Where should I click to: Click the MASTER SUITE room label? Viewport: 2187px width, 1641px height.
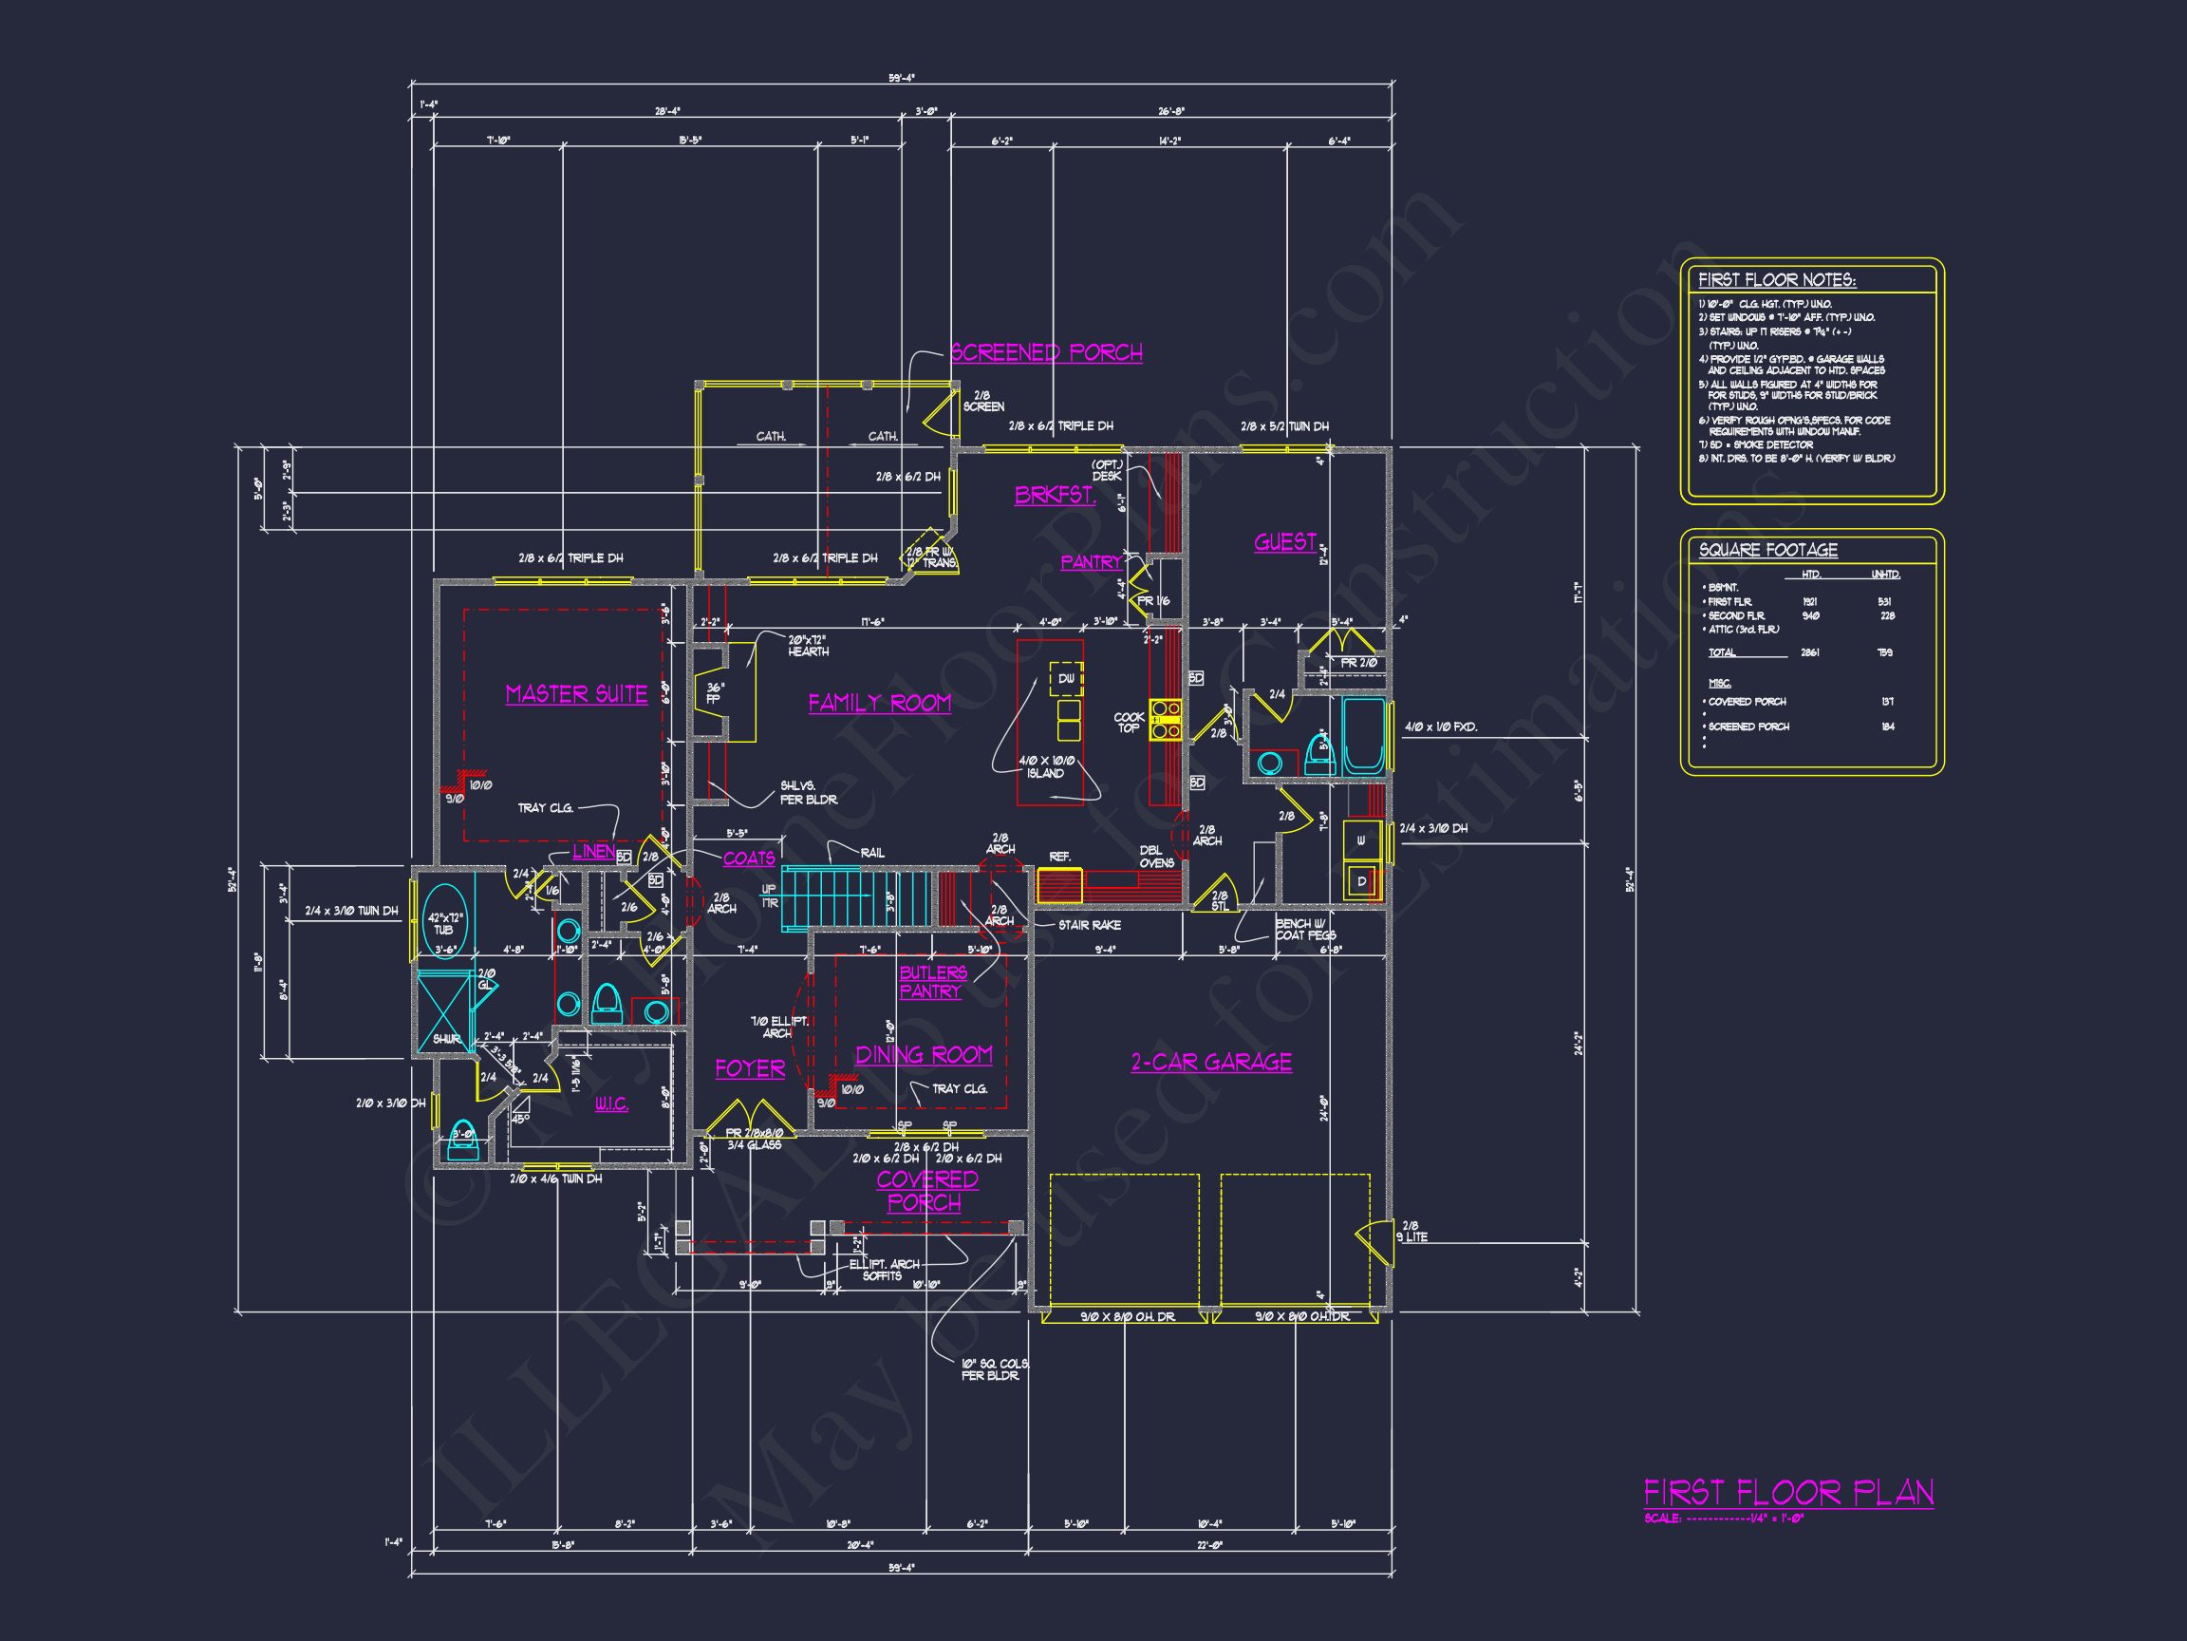click(576, 694)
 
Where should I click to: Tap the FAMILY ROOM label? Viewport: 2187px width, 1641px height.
click(879, 704)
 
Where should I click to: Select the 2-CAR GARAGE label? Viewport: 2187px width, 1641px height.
click(1211, 1063)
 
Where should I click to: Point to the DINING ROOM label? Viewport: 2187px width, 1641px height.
click(924, 1055)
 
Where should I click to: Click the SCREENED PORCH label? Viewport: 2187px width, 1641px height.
click(1046, 353)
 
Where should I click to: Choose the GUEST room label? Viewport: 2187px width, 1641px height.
click(1285, 542)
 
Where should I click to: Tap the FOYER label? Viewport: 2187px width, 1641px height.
click(750, 1069)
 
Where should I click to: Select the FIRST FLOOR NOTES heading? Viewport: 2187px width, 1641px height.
click(1777, 280)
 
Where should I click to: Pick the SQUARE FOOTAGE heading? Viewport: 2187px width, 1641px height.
click(1767, 550)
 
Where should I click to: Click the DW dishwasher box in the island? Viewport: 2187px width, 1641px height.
click(1066, 679)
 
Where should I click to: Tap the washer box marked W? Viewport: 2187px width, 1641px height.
click(1361, 841)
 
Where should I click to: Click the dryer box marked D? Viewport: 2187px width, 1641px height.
click(1361, 880)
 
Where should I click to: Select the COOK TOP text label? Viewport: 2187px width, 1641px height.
click(1128, 722)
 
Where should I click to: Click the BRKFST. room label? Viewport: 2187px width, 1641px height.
click(1055, 496)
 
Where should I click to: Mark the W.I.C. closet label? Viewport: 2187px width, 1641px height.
click(611, 1104)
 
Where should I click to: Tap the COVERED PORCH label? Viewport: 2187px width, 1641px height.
click(926, 1191)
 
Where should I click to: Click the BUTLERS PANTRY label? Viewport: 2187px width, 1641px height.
click(932, 982)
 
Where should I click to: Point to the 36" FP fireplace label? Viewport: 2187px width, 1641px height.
click(713, 691)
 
